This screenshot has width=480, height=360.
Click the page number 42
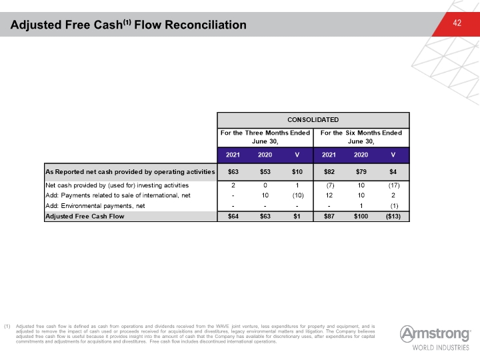point(457,23)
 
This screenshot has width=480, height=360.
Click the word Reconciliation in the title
point(205,25)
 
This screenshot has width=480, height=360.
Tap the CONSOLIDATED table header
point(313,120)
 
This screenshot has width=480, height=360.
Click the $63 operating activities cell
point(233,172)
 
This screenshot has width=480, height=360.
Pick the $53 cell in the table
point(265,172)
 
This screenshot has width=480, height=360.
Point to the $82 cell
point(329,172)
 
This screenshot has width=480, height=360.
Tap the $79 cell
point(361,172)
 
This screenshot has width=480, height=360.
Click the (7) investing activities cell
point(329,185)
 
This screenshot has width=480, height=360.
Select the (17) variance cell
point(393,185)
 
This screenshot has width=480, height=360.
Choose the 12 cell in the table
point(329,195)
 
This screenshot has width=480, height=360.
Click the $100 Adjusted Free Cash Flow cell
point(361,217)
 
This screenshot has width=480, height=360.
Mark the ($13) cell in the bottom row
point(393,217)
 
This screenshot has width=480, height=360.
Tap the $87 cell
point(329,217)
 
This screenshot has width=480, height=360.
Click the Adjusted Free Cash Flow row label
point(85,217)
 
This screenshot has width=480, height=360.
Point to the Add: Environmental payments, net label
point(95,206)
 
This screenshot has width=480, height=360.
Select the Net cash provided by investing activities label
point(117,185)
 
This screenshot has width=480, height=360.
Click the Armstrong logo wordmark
point(435,334)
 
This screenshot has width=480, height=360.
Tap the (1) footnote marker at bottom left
point(7,326)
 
